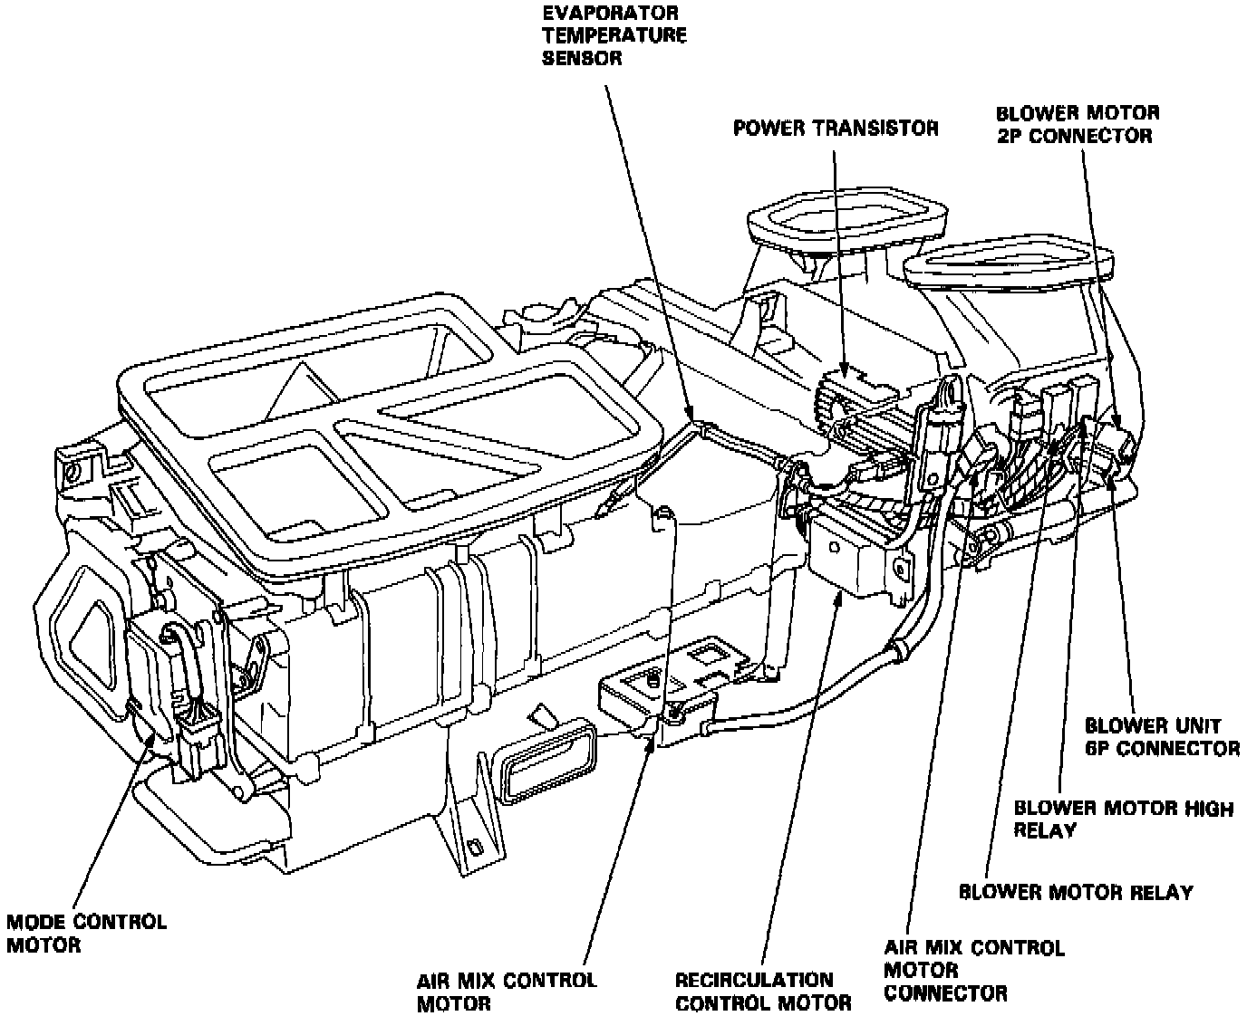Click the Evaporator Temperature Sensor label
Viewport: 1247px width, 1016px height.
pyautogui.click(x=614, y=36)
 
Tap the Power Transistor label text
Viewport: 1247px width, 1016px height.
pyautogui.click(x=836, y=128)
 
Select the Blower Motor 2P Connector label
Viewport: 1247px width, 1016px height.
pyautogui.click(x=1077, y=124)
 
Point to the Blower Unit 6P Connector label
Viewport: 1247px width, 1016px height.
pyautogui.click(x=1162, y=737)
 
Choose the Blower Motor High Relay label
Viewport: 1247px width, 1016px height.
pyautogui.click(x=1123, y=818)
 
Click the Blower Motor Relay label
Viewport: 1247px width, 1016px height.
pyautogui.click(x=1076, y=892)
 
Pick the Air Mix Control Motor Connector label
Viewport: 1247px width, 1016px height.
pyautogui.click(x=973, y=970)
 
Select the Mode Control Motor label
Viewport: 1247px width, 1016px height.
pyautogui.click(x=86, y=933)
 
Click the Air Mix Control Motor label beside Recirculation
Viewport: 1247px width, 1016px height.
pyautogui.click(x=507, y=991)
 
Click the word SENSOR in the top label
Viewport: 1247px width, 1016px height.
pyautogui.click(x=582, y=58)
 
